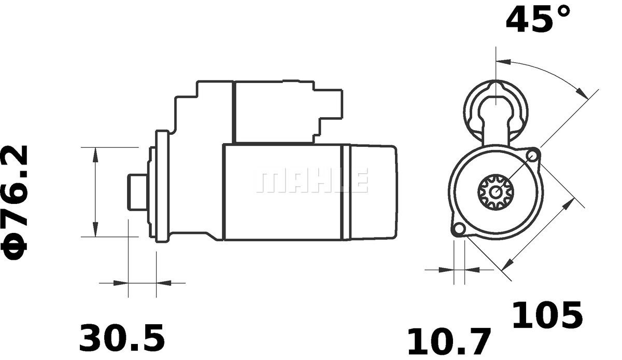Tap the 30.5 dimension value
[x=122, y=338]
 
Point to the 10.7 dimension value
[x=449, y=341]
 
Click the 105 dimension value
[x=547, y=315]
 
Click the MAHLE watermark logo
[x=312, y=180]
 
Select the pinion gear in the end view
[x=496, y=192]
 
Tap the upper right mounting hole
[x=532, y=155]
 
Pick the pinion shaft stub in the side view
[x=137, y=192]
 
